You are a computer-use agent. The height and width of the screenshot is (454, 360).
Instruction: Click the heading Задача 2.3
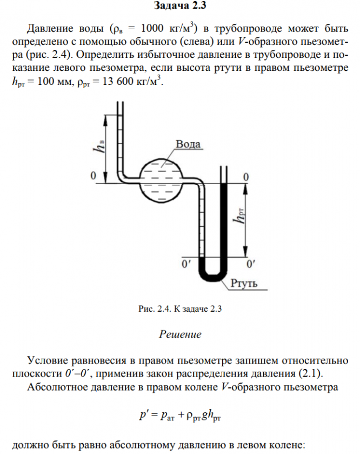tap(181, 6)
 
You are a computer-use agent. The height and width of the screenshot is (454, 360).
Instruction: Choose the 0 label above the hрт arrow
tap(246, 177)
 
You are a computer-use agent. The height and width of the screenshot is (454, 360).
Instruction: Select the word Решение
tap(180, 334)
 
